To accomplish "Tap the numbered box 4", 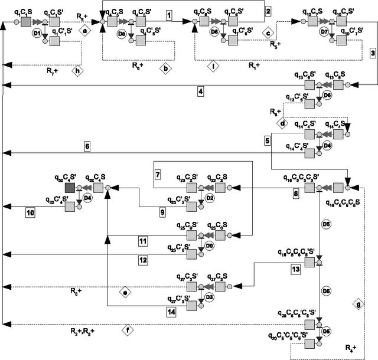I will (201, 91).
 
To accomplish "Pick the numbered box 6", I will (87, 146).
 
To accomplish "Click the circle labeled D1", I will (36, 35).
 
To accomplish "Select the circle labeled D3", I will (209, 297).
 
